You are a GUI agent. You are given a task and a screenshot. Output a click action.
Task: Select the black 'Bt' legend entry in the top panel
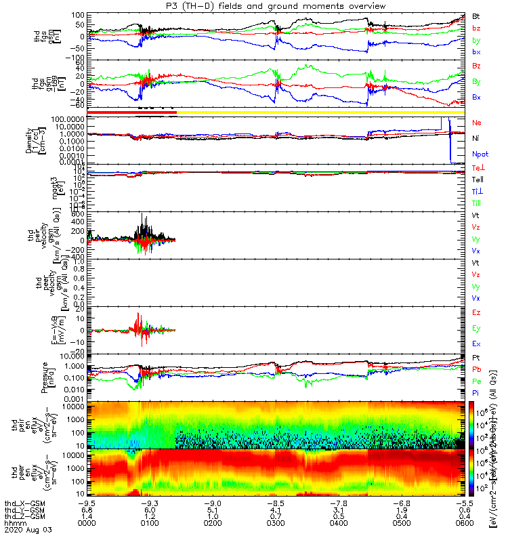(476, 15)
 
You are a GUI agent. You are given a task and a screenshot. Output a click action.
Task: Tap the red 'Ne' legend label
(477, 123)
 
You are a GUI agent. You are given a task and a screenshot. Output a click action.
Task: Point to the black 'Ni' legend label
(476, 138)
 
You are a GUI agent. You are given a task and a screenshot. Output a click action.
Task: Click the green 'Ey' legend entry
(477, 329)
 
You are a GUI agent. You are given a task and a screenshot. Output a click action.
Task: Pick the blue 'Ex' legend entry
(477, 344)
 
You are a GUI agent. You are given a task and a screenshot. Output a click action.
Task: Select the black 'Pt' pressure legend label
(476, 356)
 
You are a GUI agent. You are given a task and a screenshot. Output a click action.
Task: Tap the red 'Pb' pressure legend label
(477, 369)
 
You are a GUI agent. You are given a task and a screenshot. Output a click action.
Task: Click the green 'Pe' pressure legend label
(477, 381)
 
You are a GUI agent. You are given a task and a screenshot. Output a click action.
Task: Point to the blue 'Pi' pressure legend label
(476, 394)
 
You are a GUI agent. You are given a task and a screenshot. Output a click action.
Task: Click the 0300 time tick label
(276, 522)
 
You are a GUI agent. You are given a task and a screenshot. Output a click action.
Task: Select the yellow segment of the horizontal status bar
(318, 112)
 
